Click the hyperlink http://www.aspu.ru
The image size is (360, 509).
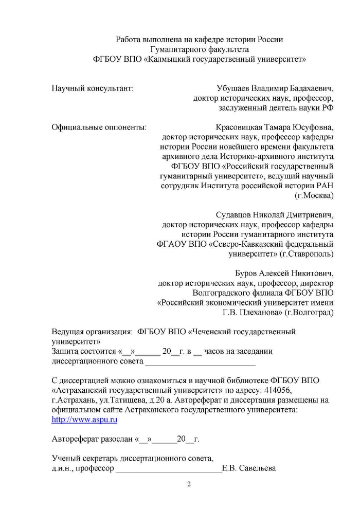tap(84, 420)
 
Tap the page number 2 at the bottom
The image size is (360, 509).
tap(188, 484)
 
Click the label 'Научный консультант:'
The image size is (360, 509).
tap(93, 88)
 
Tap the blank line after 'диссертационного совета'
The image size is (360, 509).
tap(200, 362)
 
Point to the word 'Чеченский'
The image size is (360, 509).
tap(211, 332)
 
